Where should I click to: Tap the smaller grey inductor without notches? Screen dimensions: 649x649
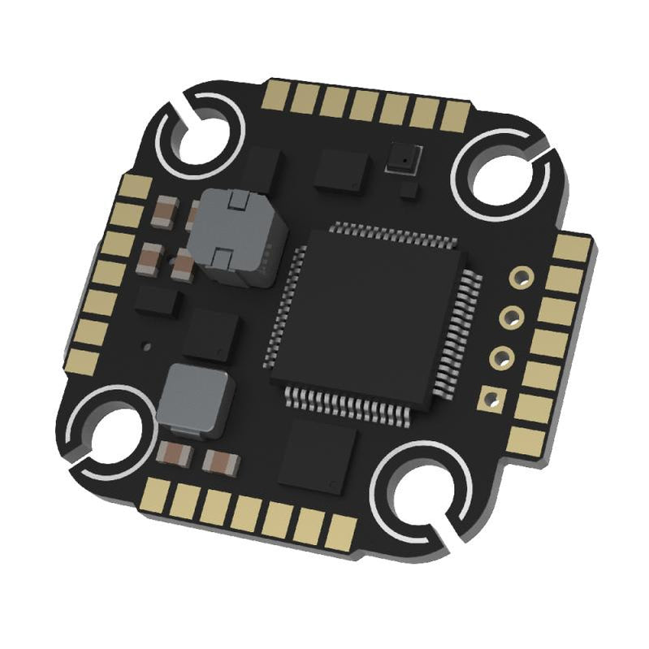tap(195, 399)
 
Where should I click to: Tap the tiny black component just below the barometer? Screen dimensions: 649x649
tap(411, 192)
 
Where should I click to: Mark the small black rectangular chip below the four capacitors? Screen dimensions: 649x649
tap(158, 301)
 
